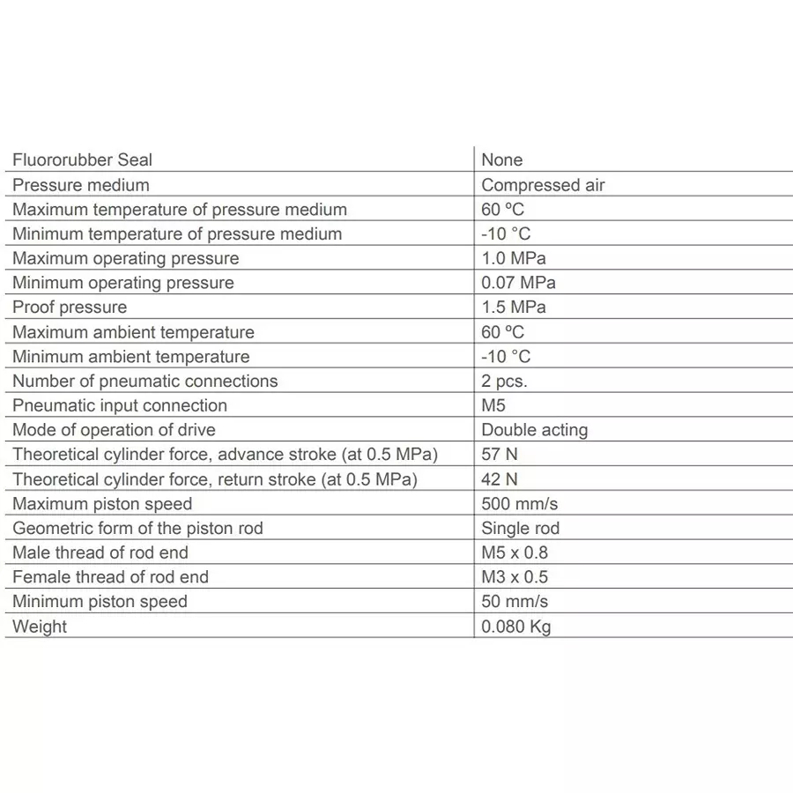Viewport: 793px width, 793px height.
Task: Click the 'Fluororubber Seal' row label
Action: point(82,160)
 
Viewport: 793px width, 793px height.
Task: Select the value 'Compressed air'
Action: point(543,185)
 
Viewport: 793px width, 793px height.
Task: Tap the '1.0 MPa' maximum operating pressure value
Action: point(513,258)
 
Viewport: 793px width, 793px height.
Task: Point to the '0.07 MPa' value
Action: point(518,283)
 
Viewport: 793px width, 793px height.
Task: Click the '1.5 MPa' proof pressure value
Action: point(513,308)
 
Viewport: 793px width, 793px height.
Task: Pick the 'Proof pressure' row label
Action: point(70,308)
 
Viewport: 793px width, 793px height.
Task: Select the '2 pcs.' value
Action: point(504,382)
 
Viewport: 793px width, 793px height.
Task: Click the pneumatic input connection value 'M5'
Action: point(493,405)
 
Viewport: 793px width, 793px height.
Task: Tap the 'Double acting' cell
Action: point(534,430)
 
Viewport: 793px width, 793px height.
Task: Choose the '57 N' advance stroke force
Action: point(499,455)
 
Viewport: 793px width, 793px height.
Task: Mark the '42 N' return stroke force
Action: point(499,479)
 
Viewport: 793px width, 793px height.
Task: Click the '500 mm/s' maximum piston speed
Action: point(519,504)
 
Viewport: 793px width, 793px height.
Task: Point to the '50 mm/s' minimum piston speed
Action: point(515,602)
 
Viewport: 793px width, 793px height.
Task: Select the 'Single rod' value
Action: point(520,529)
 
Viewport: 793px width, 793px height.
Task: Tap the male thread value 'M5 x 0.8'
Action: point(515,552)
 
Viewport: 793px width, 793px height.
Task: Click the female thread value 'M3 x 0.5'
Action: point(515,577)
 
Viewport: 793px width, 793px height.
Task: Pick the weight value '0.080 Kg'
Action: point(516,626)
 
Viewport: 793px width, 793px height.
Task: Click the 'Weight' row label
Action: point(40,626)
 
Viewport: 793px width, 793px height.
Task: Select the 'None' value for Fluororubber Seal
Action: point(501,160)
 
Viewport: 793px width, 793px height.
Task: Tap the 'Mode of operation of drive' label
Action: point(114,430)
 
